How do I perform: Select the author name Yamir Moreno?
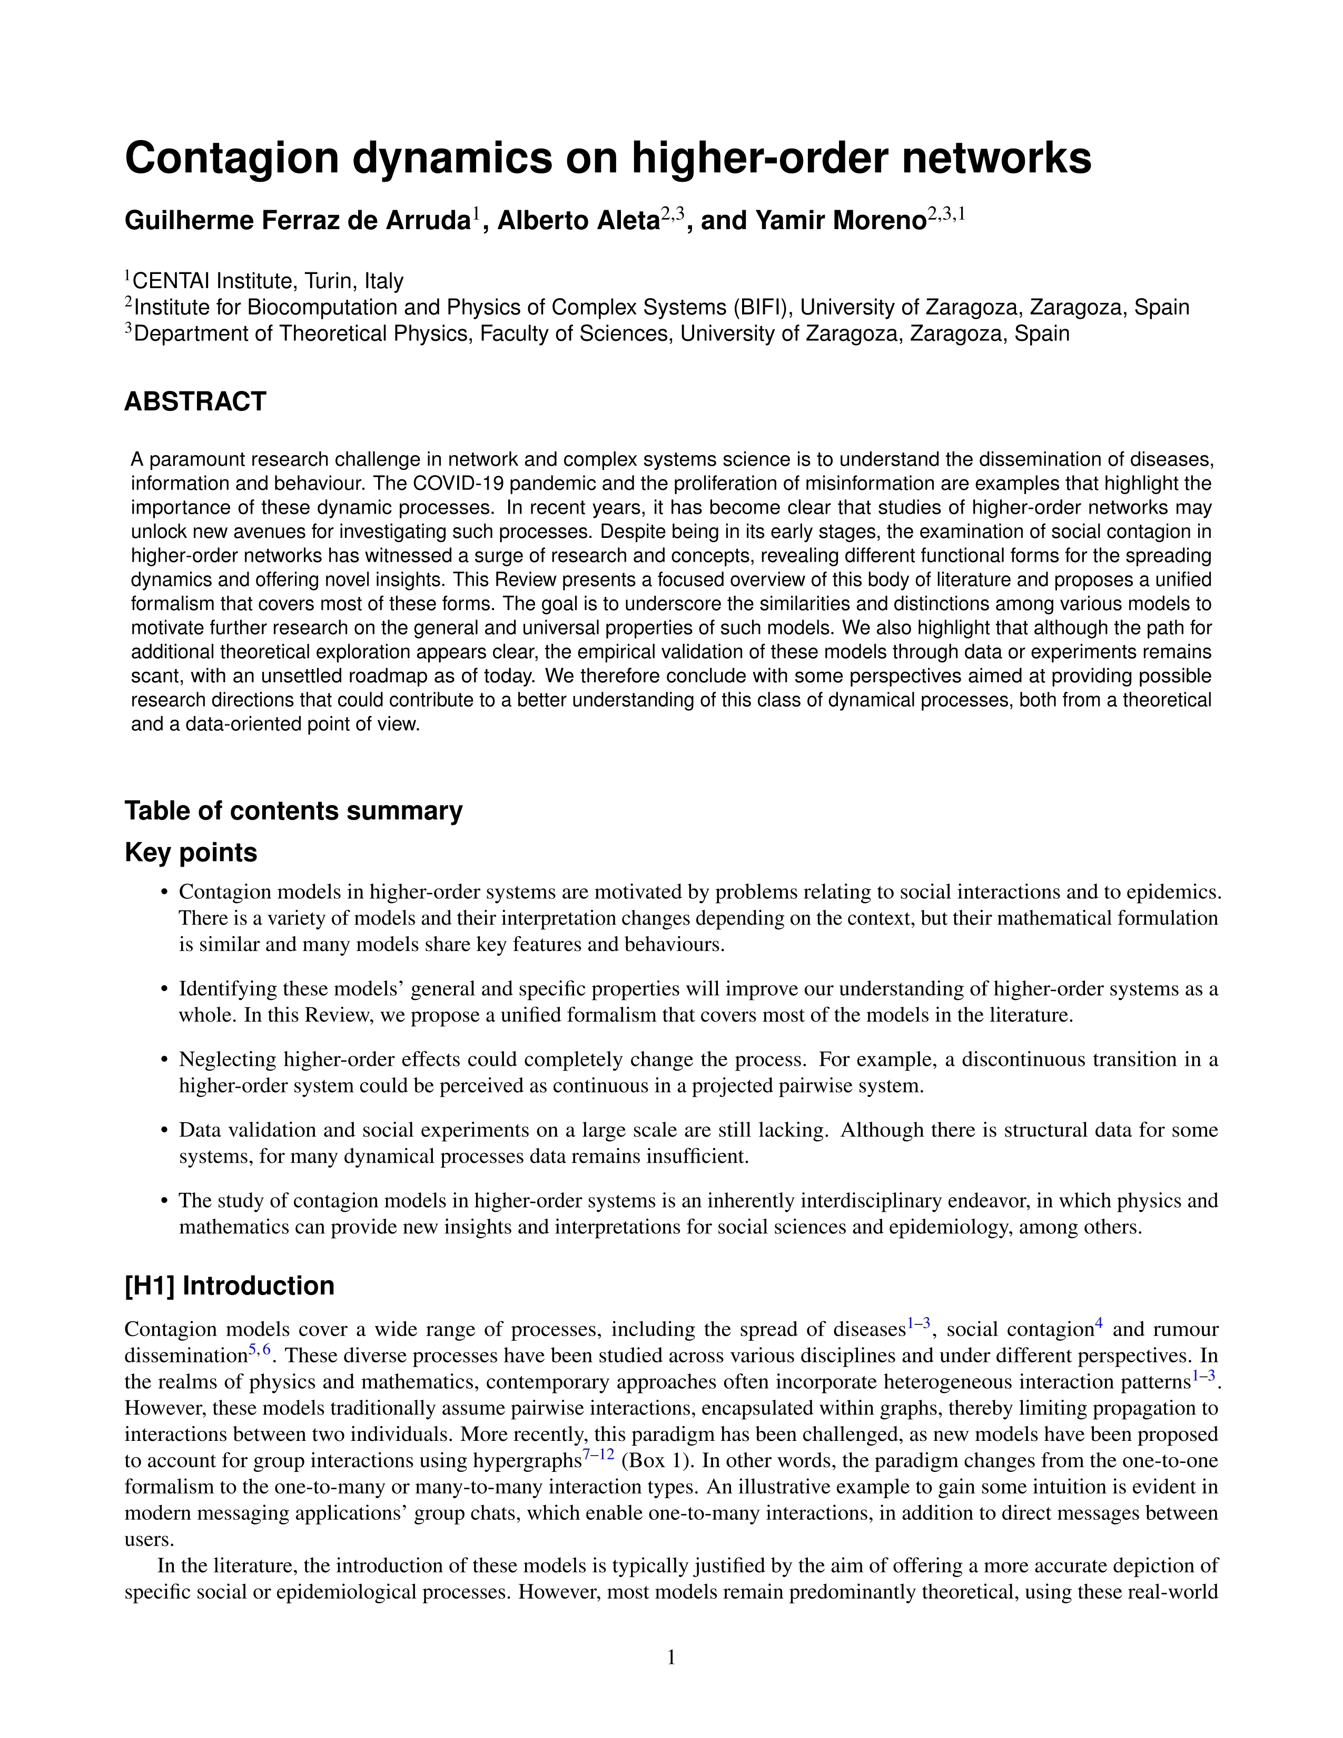pyautogui.click(x=840, y=220)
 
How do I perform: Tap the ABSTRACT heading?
pyautogui.click(x=195, y=402)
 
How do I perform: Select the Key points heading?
pyautogui.click(x=191, y=852)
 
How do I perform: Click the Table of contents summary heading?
pyautogui.click(x=293, y=811)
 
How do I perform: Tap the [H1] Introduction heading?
pyautogui.click(x=229, y=1286)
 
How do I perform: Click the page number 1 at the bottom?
pyautogui.click(x=670, y=1657)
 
